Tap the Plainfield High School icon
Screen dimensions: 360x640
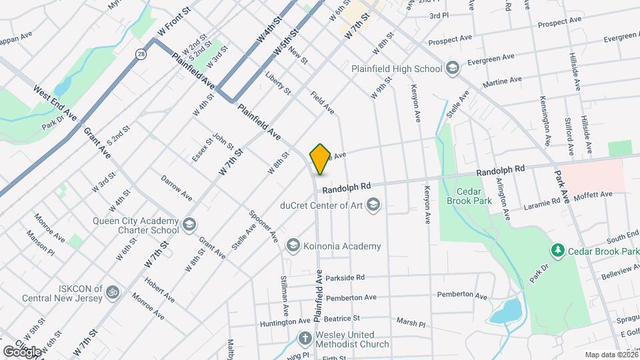tap(453, 68)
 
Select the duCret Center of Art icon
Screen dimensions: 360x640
tap(373, 205)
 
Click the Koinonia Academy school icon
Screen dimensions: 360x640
tap(292, 246)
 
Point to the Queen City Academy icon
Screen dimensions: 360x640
tap(190, 223)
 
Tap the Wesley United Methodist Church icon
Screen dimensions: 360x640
tap(305, 338)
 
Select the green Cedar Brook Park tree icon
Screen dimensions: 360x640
tap(557, 251)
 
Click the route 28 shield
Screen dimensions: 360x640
tap(141, 53)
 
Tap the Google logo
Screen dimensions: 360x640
tap(21, 351)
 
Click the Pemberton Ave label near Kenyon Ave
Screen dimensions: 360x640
tap(461, 295)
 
